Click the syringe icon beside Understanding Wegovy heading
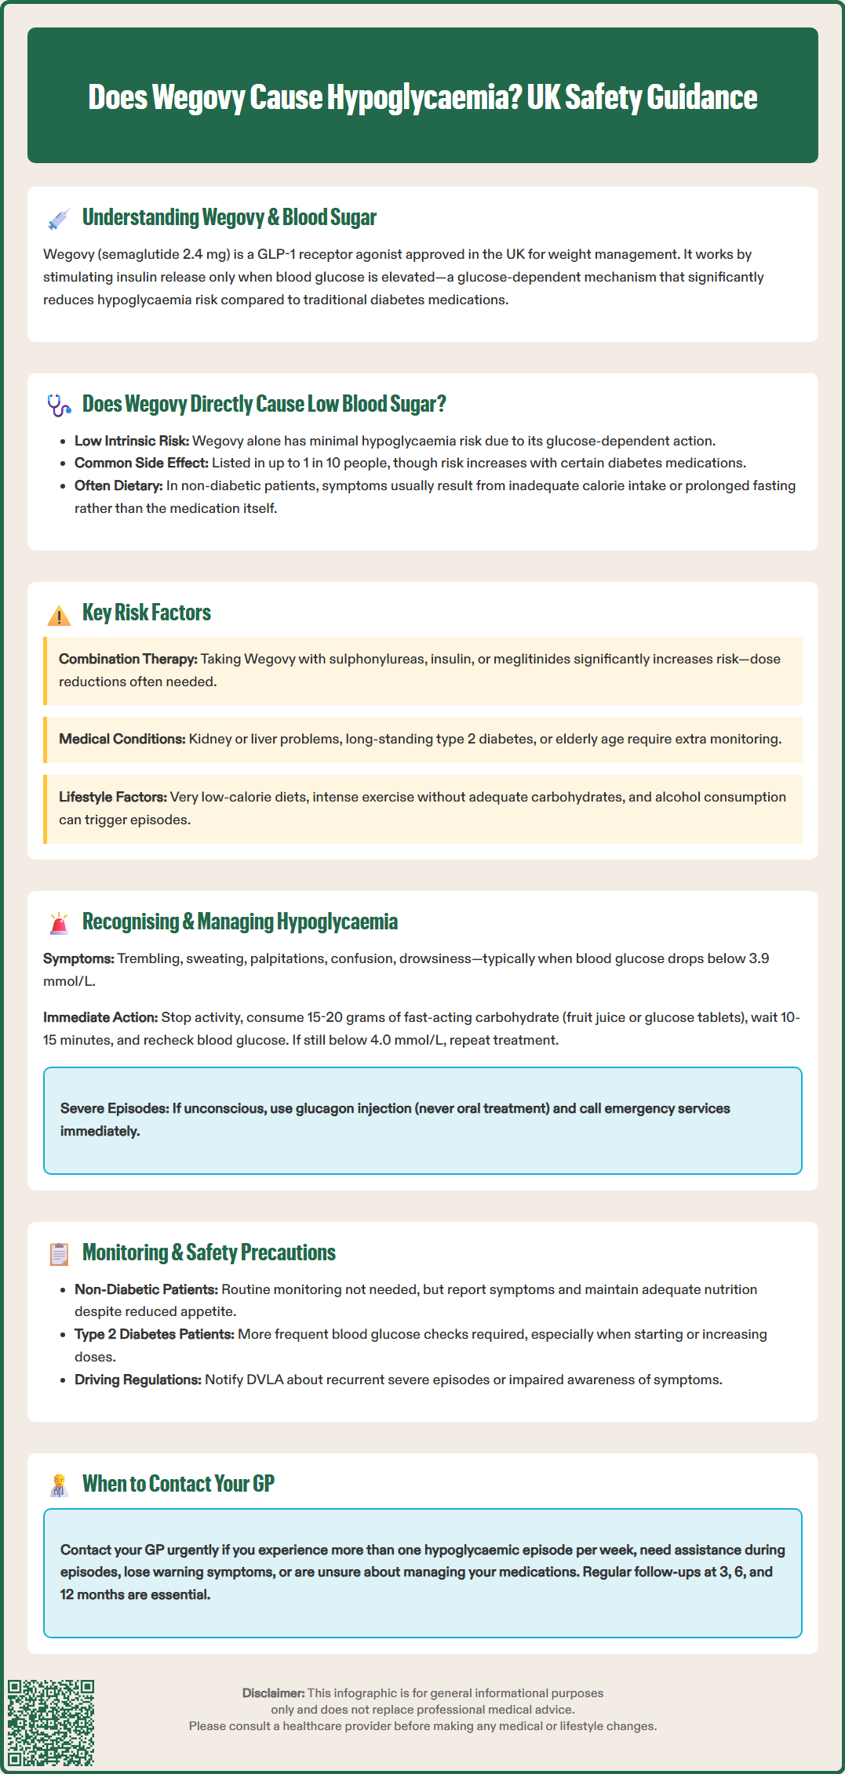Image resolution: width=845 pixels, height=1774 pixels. (x=59, y=219)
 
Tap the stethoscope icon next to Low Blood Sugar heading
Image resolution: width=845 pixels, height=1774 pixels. (x=59, y=405)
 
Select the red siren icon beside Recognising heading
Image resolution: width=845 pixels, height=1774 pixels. (x=59, y=923)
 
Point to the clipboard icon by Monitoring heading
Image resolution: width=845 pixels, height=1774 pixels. (x=59, y=1254)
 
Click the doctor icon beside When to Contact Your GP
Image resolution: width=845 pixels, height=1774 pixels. (x=59, y=1485)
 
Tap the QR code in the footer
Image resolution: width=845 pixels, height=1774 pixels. (x=51, y=1722)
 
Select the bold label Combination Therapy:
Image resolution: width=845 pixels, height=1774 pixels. (x=128, y=659)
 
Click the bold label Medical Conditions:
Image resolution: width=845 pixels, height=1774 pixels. (x=122, y=739)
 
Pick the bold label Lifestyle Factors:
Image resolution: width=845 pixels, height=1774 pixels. (x=112, y=797)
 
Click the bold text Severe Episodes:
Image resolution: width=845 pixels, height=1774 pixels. (x=114, y=1108)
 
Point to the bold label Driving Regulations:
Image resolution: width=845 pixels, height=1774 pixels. (x=138, y=1380)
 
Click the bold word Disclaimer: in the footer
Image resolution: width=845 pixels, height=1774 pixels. (x=273, y=1693)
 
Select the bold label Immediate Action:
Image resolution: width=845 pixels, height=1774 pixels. (x=100, y=1017)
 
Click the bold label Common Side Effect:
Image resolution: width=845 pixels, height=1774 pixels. (x=141, y=463)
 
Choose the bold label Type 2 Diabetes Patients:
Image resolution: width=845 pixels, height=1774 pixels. (x=154, y=1334)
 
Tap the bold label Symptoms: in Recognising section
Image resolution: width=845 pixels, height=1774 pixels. (x=78, y=958)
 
